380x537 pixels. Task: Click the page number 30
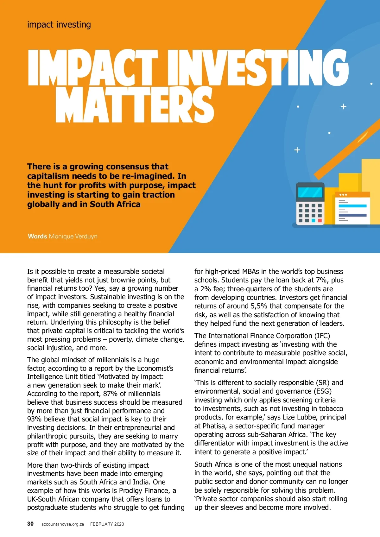[30, 524]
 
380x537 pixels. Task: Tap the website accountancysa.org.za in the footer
[62, 524]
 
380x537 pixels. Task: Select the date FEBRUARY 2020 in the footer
[107, 524]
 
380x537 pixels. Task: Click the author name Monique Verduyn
[73, 236]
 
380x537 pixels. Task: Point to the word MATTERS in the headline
[135, 104]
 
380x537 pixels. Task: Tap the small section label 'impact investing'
[59, 24]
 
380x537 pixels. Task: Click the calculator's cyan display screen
[310, 192]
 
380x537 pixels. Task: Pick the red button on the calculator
[320, 220]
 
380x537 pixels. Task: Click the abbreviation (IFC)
[322, 336]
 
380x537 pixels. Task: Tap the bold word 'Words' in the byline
[37, 236]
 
